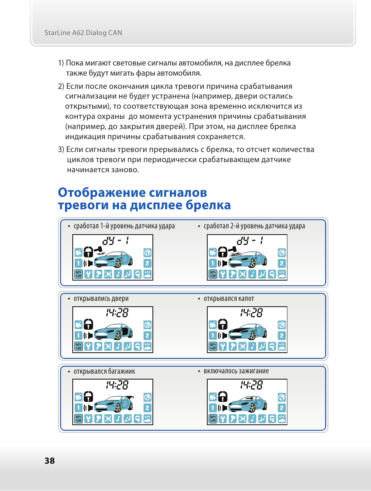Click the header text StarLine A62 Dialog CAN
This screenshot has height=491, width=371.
(83, 33)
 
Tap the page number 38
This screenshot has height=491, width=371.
(49, 461)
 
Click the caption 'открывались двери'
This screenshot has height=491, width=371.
(101, 299)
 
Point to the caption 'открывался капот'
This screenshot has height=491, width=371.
(229, 299)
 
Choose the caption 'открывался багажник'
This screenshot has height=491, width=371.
(104, 371)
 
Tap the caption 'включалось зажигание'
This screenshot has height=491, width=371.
(236, 371)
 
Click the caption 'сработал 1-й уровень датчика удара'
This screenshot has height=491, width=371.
(124, 226)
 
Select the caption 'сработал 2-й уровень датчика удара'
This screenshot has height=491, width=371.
(254, 226)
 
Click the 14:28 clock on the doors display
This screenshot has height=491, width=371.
(117, 313)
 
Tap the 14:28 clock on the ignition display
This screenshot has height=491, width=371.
(251, 385)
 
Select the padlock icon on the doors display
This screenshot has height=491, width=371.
(89, 324)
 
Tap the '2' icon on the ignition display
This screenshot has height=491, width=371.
(282, 408)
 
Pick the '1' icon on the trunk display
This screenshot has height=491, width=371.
(78, 408)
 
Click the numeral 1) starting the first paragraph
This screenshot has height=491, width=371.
(61, 63)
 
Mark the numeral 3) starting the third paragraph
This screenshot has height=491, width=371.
(61, 150)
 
